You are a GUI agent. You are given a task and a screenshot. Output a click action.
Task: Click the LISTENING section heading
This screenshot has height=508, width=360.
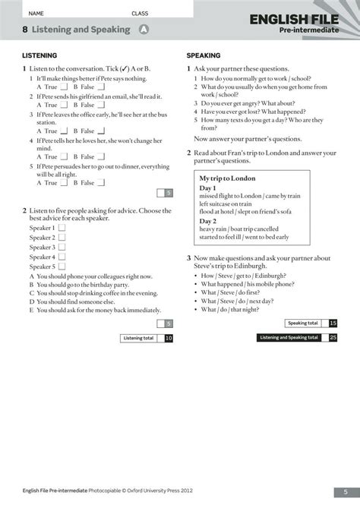39,55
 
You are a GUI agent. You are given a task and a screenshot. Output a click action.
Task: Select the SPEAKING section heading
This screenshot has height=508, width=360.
204,55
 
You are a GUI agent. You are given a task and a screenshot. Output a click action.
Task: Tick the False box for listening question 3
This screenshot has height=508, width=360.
99,130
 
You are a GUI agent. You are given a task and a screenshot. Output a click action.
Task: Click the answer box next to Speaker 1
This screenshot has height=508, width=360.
62,227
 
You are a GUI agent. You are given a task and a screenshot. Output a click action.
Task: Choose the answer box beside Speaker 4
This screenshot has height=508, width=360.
62,257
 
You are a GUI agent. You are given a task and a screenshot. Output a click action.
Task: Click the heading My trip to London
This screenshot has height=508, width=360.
227,178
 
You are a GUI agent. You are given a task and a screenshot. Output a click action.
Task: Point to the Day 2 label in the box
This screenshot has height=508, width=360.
208,220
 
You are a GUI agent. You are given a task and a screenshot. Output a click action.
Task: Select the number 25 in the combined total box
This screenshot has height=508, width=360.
333,337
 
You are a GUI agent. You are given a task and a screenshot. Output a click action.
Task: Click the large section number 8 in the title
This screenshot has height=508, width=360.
25,30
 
